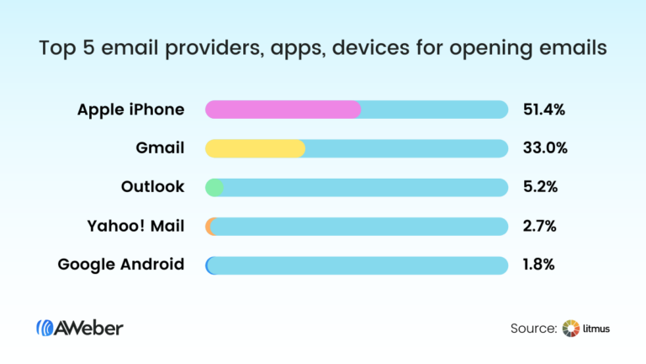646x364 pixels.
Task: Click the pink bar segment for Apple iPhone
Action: pos(283,110)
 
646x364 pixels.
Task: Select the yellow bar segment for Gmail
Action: pos(255,148)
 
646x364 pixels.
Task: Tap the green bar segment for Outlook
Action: pos(214,187)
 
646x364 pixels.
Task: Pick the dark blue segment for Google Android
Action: pos(209,265)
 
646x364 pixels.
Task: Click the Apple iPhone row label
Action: pos(130,110)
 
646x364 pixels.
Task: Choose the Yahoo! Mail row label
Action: pos(135,226)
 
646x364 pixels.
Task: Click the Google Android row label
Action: pos(121,265)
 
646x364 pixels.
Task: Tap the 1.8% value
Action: pos(539,265)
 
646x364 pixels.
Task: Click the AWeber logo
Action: pos(80,328)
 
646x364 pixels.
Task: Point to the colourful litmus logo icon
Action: pos(571,328)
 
